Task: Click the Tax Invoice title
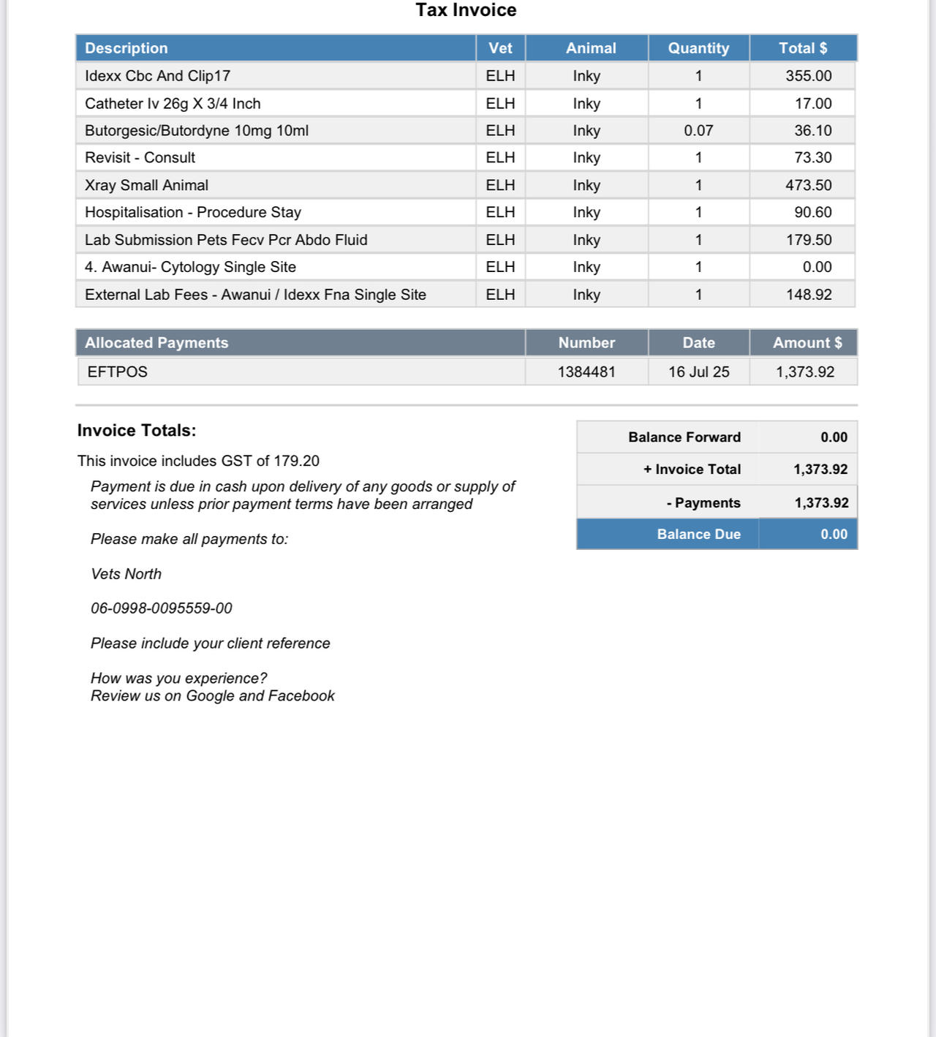pos(466,10)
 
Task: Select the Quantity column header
pos(698,48)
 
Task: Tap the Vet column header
pos(500,48)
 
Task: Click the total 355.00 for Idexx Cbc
pos(808,76)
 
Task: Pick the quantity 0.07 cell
pos(698,131)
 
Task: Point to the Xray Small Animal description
pos(146,186)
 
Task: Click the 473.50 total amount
pos(808,186)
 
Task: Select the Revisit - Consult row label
pos(140,158)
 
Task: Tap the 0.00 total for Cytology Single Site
pos(817,268)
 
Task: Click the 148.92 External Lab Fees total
pos(808,295)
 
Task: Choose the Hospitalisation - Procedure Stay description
pos(193,213)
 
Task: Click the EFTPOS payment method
pos(118,372)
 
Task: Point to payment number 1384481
pos(586,372)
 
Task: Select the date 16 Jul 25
pos(698,372)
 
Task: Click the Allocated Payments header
pos(156,343)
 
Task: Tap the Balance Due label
pos(698,535)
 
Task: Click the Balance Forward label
pos(684,437)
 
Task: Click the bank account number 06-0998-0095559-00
pos(162,608)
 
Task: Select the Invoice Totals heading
pos(137,431)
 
